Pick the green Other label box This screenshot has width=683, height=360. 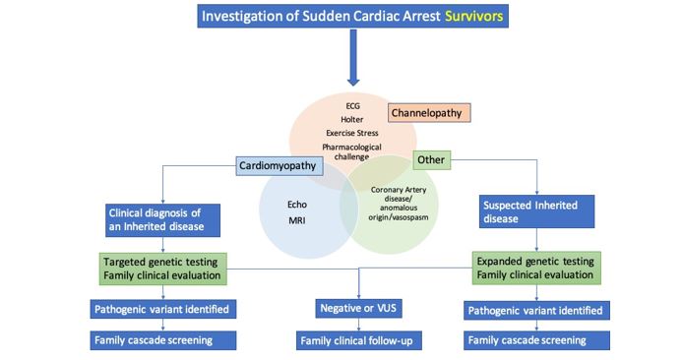[x=430, y=159]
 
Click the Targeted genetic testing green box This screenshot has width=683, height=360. [x=164, y=268]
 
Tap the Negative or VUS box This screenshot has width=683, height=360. [x=360, y=310]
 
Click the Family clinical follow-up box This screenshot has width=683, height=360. [x=360, y=341]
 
